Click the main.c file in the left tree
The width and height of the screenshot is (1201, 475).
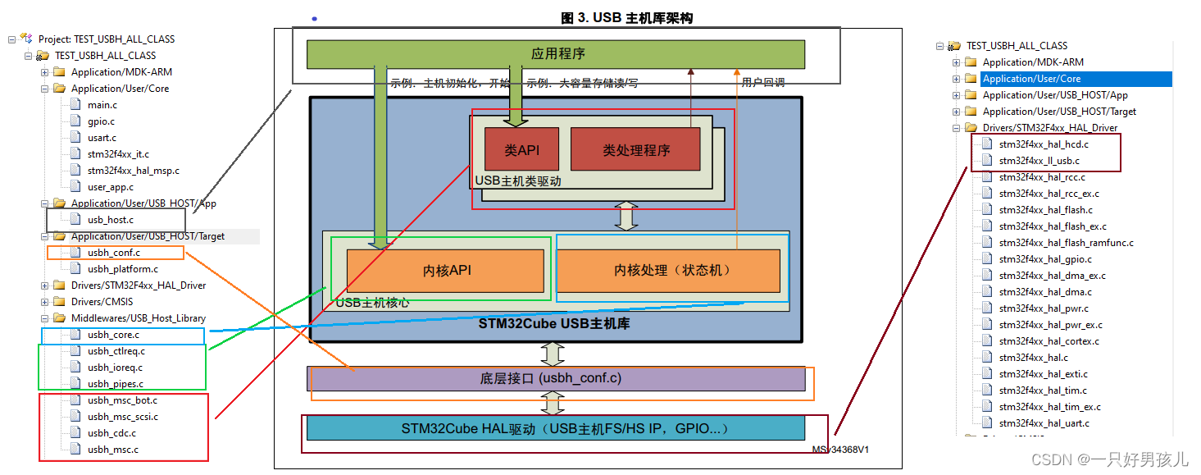[x=102, y=105]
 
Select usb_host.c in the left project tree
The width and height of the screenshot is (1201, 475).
[x=110, y=220]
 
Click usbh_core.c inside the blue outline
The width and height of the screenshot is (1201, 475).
[x=113, y=335]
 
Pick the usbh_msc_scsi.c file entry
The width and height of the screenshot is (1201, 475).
[x=122, y=417]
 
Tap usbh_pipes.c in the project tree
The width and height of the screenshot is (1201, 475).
[x=115, y=384]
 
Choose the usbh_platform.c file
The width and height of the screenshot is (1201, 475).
[x=122, y=269]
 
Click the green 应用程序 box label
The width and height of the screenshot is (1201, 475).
[x=557, y=54]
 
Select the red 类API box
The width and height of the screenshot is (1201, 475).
[x=521, y=150]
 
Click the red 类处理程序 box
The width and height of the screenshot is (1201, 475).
[x=636, y=150]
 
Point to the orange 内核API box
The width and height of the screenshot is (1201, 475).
[x=446, y=271]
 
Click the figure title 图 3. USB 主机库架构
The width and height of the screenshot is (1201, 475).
[x=627, y=18]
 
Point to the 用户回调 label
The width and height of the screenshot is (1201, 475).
[x=762, y=83]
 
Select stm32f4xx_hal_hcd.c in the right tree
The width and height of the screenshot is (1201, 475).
[x=1043, y=144]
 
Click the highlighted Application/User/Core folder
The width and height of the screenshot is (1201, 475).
[x=1031, y=79]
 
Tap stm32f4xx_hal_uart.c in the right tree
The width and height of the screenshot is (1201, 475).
[x=1044, y=423]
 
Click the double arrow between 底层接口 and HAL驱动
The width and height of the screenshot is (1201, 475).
[x=553, y=403]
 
